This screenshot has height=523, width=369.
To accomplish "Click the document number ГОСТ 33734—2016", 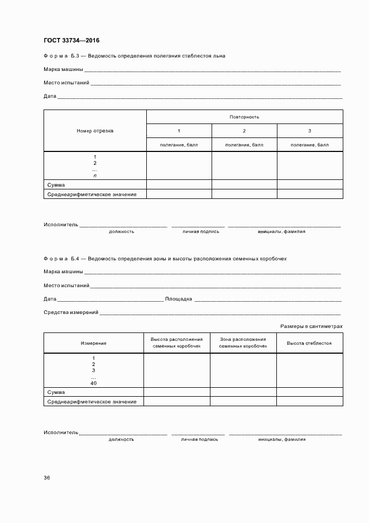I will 71,40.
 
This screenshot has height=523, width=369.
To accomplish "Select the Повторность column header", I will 244,117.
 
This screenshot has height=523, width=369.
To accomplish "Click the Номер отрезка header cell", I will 95,131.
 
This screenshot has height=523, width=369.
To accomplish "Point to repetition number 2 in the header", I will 244,131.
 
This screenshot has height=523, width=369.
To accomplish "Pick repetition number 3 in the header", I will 310,131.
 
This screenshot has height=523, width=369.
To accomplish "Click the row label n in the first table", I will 95,175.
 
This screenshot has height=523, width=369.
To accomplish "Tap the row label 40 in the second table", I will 93,383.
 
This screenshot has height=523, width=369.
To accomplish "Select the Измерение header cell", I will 93,343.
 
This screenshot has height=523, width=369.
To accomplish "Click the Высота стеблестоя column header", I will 309,343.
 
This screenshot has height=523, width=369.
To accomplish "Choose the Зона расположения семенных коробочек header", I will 243,343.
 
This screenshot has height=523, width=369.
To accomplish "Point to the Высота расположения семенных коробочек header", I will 176,343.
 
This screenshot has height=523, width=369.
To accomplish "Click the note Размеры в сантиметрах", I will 311,326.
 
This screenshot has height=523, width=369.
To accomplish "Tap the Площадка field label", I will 179,299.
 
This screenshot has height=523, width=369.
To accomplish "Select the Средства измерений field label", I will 71,312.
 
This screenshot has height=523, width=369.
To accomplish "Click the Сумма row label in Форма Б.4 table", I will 56,392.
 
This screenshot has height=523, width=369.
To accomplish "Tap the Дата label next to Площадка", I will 50,299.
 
